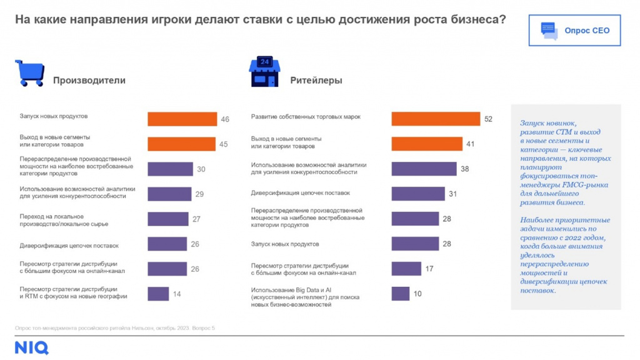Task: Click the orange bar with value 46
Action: tap(182, 119)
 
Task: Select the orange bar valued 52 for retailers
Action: tap(436, 119)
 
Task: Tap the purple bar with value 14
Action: tap(158, 294)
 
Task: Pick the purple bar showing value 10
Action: tap(400, 294)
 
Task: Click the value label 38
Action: tap(464, 169)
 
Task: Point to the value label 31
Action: tap(452, 194)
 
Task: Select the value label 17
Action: tap(429, 269)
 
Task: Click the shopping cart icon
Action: tap(29, 73)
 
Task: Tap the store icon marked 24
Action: tap(264, 72)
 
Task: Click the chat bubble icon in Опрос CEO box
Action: tap(549, 31)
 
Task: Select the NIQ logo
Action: tap(31, 347)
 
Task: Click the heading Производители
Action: tap(89, 81)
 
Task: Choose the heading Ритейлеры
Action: tap(316, 81)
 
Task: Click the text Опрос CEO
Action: tap(587, 31)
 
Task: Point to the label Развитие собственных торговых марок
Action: tap(306, 117)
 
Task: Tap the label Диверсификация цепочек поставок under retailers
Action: tap(300, 193)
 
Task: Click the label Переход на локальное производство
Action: tap(64, 219)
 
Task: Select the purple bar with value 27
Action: tap(167, 219)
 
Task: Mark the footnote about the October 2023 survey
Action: tap(114, 327)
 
